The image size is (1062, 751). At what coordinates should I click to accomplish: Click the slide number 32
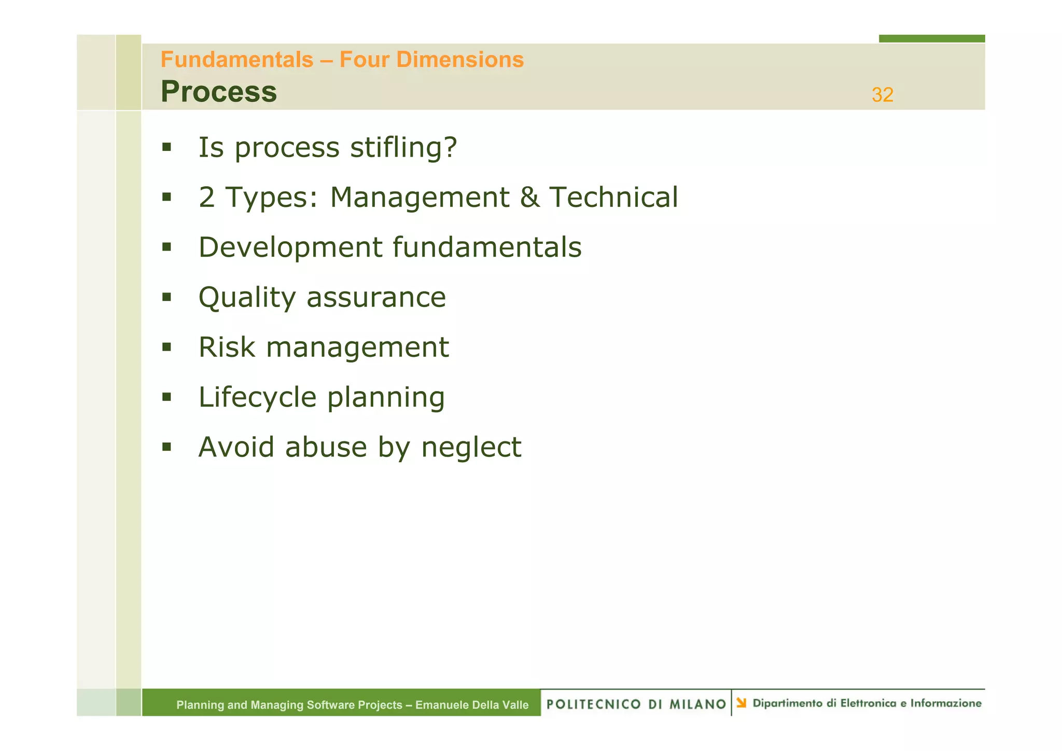(882, 95)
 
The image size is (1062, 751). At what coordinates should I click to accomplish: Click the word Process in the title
(218, 92)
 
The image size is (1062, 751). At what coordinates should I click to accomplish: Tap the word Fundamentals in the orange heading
(237, 60)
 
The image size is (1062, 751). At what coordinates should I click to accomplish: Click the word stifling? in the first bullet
(403, 147)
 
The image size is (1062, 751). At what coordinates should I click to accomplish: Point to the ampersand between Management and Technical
(529, 198)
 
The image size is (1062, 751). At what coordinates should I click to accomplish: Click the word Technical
(613, 198)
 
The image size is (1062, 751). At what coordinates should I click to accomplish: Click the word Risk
(227, 347)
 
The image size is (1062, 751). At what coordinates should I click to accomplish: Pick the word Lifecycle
(257, 398)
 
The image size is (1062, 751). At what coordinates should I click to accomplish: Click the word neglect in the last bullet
(471, 447)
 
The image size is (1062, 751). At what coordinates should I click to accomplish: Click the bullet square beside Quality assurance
(166, 297)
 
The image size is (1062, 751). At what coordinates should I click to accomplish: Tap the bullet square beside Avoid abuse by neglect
(166, 447)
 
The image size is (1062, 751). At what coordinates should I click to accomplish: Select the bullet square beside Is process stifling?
(166, 147)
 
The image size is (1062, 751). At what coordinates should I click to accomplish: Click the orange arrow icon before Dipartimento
(742, 703)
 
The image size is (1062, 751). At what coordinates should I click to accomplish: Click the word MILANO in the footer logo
(697, 704)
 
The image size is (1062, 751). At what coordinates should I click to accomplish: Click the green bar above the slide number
(931, 38)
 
